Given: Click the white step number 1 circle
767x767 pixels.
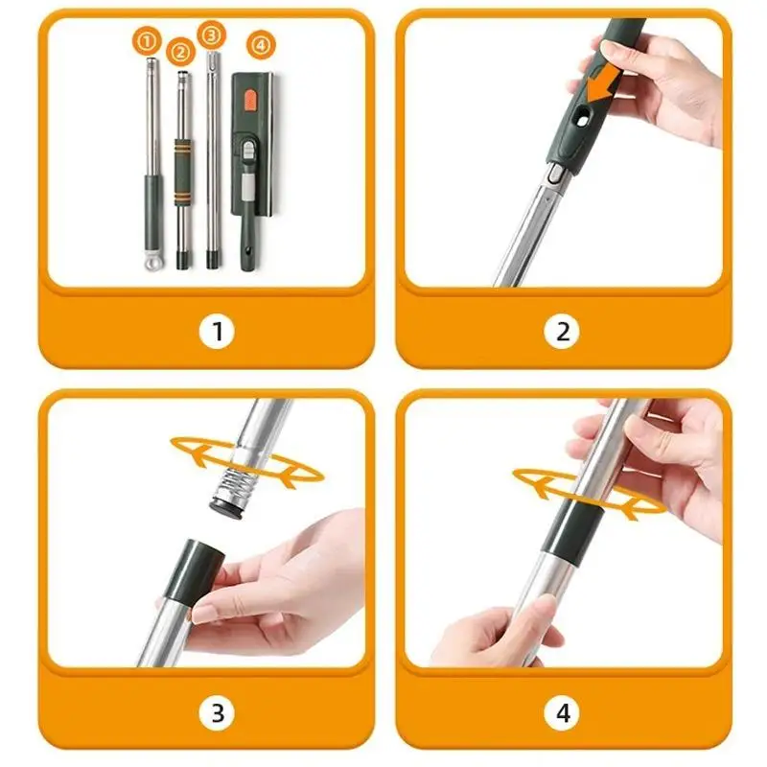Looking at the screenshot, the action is [217, 331].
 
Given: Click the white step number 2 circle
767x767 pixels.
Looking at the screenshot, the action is [562, 331].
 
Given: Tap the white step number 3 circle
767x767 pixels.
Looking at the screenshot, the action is [217, 712].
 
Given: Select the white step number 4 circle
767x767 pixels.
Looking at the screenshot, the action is [562, 712].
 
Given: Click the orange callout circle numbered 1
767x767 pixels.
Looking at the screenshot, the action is [147, 41].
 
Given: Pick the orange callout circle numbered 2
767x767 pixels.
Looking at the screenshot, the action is [180, 52].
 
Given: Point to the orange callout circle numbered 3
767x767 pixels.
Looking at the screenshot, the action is [211, 35].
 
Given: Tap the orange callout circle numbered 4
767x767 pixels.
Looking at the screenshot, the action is [261, 45].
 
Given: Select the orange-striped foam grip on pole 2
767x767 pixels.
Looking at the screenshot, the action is [182, 172].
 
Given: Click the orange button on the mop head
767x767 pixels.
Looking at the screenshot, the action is [249, 100].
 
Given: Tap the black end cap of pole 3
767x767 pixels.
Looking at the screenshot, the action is [211, 259].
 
